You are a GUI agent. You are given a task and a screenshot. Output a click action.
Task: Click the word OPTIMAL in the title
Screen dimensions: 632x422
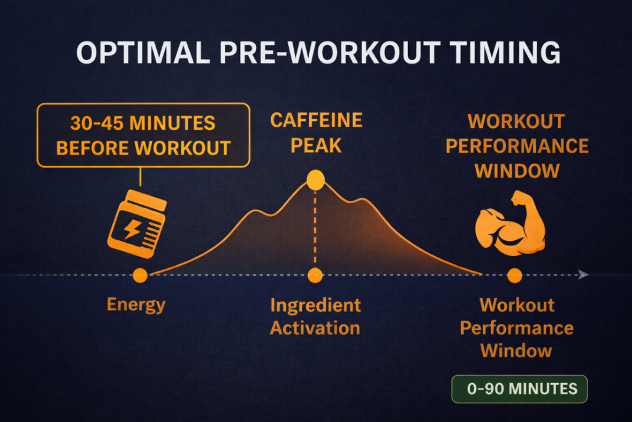(143, 53)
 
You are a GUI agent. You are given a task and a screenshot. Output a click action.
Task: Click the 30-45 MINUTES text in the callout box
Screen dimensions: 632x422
(143, 123)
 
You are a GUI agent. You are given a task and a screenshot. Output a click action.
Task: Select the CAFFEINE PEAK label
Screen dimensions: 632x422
(317, 133)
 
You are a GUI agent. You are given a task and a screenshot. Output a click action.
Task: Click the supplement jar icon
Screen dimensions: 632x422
(137, 224)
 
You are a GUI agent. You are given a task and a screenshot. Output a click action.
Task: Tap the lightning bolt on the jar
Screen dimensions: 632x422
(132, 230)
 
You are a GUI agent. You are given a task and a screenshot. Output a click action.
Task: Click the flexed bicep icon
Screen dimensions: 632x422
(510, 224)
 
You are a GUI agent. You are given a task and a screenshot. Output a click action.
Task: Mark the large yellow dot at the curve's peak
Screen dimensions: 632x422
(315, 180)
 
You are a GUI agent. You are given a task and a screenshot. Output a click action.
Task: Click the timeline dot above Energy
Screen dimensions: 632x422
(140, 276)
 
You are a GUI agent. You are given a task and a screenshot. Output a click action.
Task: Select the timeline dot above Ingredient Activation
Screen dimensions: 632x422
(315, 276)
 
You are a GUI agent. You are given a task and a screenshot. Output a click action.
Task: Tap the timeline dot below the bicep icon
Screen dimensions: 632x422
(515, 276)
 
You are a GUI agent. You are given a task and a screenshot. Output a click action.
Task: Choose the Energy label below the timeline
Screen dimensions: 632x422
(136, 305)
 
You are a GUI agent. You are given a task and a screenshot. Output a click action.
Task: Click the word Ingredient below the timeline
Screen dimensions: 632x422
(315, 305)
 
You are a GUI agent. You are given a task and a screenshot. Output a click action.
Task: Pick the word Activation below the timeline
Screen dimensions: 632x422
(315, 328)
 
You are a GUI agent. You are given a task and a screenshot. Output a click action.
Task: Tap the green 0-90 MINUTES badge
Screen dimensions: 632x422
(520, 389)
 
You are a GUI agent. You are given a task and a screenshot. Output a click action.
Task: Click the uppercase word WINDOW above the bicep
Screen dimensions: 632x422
(517, 171)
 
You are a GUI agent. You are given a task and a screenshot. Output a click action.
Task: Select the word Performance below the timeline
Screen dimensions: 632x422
(517, 329)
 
